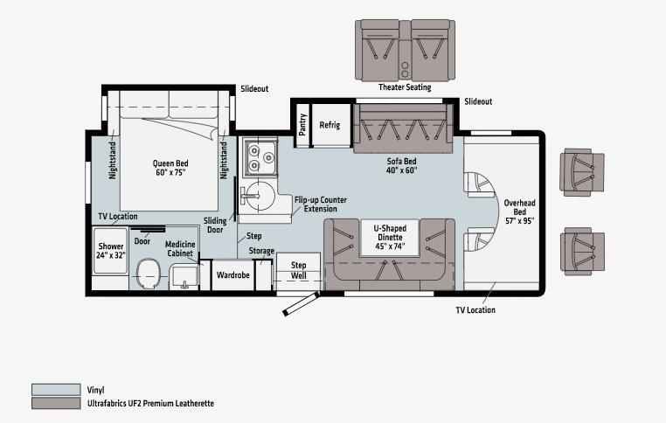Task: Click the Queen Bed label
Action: (x=170, y=168)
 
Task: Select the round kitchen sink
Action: (x=259, y=196)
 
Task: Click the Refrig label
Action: (x=330, y=125)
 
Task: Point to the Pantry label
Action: (x=302, y=124)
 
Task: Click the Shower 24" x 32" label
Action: (x=110, y=251)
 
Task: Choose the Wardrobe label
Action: (x=232, y=275)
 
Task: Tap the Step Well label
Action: (x=299, y=271)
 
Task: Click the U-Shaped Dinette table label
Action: (x=390, y=237)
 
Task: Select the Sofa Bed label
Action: (x=401, y=166)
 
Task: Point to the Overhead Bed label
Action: (x=519, y=211)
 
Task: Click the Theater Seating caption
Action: (x=405, y=87)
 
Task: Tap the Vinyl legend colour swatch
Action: (x=56, y=390)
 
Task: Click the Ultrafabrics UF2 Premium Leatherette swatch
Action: (x=56, y=403)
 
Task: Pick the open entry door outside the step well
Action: (x=302, y=303)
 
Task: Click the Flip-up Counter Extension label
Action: (x=321, y=205)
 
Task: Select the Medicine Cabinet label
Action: (x=180, y=249)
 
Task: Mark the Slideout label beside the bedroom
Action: (x=254, y=89)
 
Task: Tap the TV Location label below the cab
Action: (x=475, y=310)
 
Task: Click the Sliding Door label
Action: (x=215, y=225)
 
